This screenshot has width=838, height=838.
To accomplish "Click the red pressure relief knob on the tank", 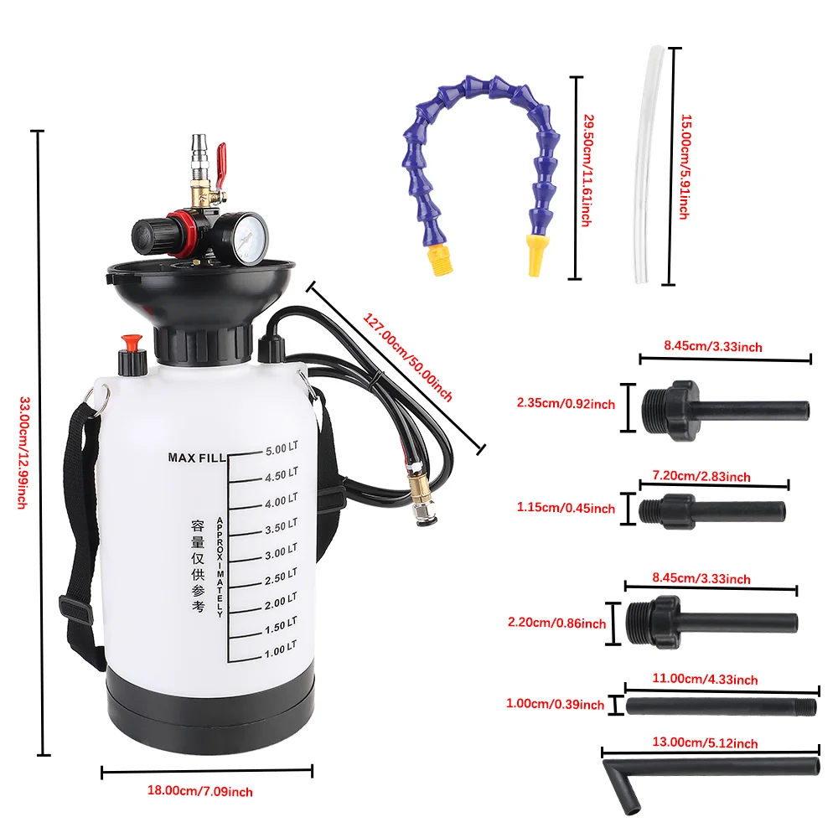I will point(130,344).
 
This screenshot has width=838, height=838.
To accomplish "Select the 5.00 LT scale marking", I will point(282,448).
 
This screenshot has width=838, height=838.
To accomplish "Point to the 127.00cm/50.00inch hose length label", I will point(407,357).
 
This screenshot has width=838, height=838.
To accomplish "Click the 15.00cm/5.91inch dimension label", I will point(685,167).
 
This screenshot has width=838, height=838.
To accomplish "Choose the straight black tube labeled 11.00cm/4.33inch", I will point(721,706).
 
